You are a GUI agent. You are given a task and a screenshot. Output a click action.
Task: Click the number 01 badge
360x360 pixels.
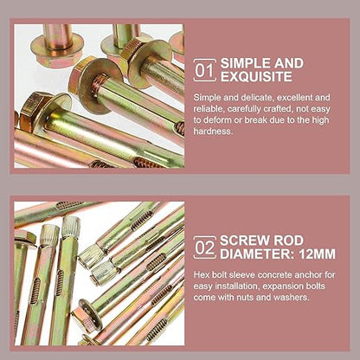click(x=204, y=69)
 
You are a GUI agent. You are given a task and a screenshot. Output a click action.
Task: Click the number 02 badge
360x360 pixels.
click(x=204, y=247)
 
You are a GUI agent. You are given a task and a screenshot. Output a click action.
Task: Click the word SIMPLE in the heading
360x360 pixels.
click(x=247, y=63)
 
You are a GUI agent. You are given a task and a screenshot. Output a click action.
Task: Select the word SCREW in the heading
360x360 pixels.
click(x=246, y=241)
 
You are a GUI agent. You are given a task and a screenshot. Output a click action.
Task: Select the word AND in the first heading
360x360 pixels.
click(x=289, y=63)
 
